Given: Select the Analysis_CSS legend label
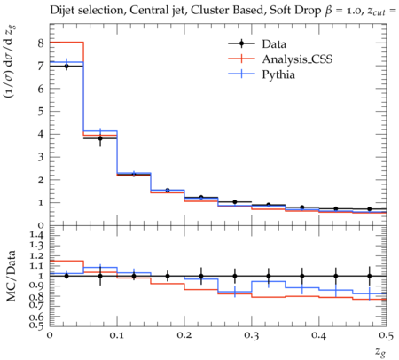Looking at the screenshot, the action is (297, 59).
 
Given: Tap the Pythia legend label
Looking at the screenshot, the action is (278, 74).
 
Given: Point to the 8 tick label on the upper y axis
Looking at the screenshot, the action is (41, 43).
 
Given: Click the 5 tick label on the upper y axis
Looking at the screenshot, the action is (41, 112).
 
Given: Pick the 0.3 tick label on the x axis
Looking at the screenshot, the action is (252, 335).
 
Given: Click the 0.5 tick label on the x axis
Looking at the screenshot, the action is (386, 335).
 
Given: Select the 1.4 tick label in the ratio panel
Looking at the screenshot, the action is (36, 235).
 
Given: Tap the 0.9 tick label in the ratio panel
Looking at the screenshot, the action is (36, 286).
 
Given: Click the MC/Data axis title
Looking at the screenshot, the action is (12, 276).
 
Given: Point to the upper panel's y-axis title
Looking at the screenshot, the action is (11, 61).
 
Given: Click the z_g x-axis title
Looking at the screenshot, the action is (380, 351).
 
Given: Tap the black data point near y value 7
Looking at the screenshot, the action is (66, 67).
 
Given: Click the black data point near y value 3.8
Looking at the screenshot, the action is (100, 138).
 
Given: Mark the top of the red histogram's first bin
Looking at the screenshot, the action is (66, 43).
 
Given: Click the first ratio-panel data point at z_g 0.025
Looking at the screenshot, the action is (66, 276).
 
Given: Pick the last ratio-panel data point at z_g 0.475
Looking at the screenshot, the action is (370, 276).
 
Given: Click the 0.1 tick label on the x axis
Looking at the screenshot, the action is (117, 335).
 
